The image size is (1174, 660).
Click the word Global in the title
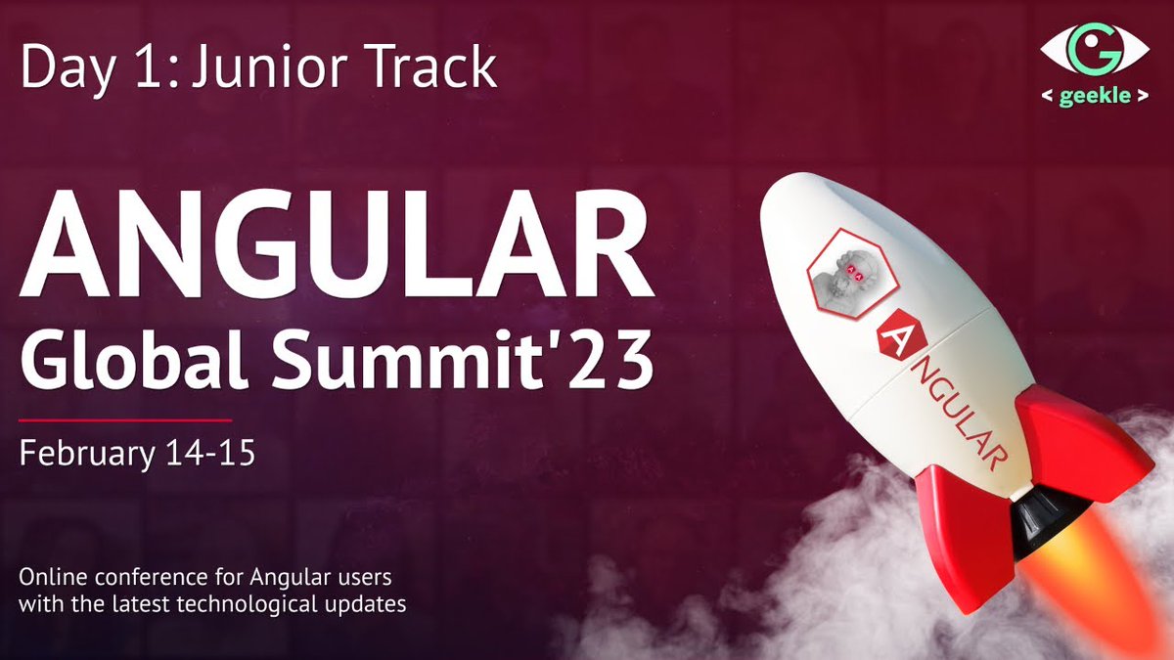coord(137,357)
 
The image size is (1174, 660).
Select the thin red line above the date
coord(125,419)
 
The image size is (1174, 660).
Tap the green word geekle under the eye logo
coord(1094,98)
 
